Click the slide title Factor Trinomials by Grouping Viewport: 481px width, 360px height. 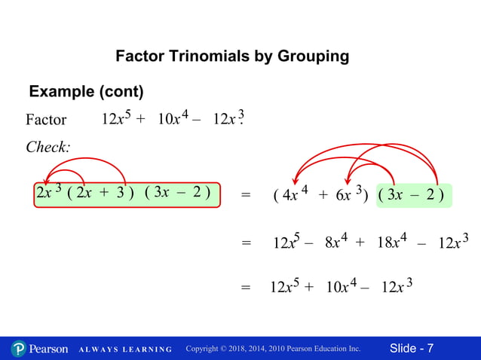pos(231,56)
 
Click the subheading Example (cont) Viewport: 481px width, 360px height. pos(86,92)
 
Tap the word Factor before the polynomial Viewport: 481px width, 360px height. pos(46,121)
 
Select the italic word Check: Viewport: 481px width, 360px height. pos(47,147)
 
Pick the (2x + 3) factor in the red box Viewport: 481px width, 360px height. pos(100,194)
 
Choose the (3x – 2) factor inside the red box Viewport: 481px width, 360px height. pos(176,194)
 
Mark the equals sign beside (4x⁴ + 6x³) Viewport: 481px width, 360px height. pos(245,196)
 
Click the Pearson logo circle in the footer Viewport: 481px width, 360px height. pos(19,349)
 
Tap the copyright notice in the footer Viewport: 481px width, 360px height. pos(273,349)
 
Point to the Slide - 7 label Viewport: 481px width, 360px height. pos(412,348)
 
